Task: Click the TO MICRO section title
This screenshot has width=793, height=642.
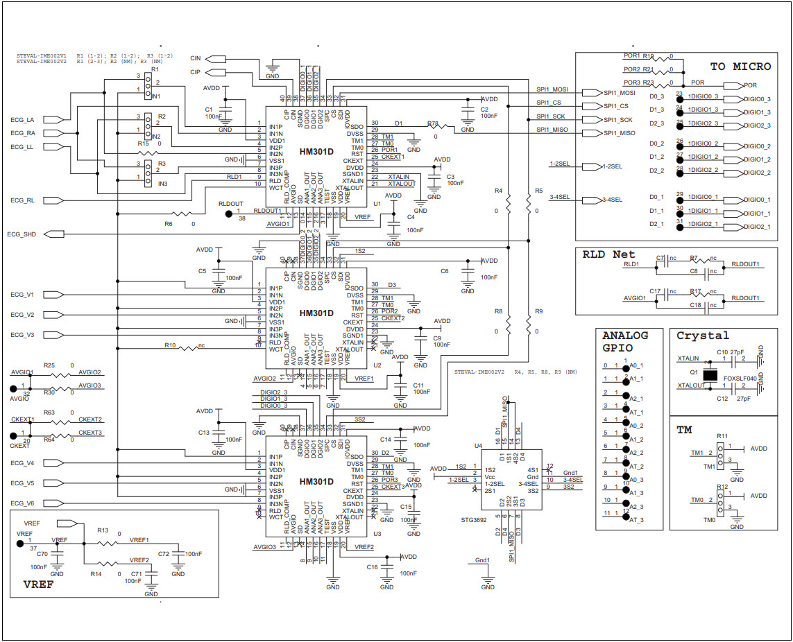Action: [x=740, y=67]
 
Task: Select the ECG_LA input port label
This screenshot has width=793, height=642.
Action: [x=22, y=120]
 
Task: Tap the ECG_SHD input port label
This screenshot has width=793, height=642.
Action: [x=21, y=234]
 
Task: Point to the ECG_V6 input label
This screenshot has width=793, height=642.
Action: [x=22, y=503]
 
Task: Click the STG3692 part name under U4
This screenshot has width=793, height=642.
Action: [x=474, y=518]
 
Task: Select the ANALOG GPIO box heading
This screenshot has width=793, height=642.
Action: [x=624, y=341]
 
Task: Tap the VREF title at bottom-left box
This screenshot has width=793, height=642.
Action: [x=38, y=584]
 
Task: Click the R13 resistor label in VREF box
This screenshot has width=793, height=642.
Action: [x=103, y=530]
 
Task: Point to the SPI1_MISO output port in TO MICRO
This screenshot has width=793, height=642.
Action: [x=619, y=133]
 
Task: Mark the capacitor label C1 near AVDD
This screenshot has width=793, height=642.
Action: [x=208, y=110]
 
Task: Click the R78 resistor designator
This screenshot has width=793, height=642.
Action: [x=433, y=123]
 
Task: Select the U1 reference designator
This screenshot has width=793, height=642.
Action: [x=377, y=204]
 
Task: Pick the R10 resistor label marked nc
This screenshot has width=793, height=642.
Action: [x=171, y=345]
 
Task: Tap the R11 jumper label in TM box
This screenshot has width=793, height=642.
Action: [x=722, y=436]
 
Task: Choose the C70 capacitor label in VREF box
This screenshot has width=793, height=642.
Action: [x=42, y=554]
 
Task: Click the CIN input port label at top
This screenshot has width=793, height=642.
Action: [x=196, y=59]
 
